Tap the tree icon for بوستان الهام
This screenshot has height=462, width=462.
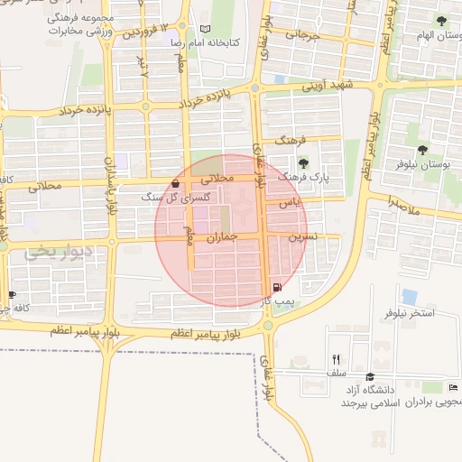(441, 20)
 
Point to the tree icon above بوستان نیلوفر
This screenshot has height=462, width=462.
(423, 150)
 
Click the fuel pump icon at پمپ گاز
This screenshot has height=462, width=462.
(275, 290)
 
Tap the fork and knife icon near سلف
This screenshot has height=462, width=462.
(337, 359)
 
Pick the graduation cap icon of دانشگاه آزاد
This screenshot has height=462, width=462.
(369, 377)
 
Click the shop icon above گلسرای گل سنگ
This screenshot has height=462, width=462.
(174, 183)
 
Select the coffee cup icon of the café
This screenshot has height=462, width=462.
(12, 294)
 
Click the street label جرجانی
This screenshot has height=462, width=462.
(303, 37)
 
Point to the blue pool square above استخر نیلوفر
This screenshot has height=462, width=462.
(410, 296)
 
